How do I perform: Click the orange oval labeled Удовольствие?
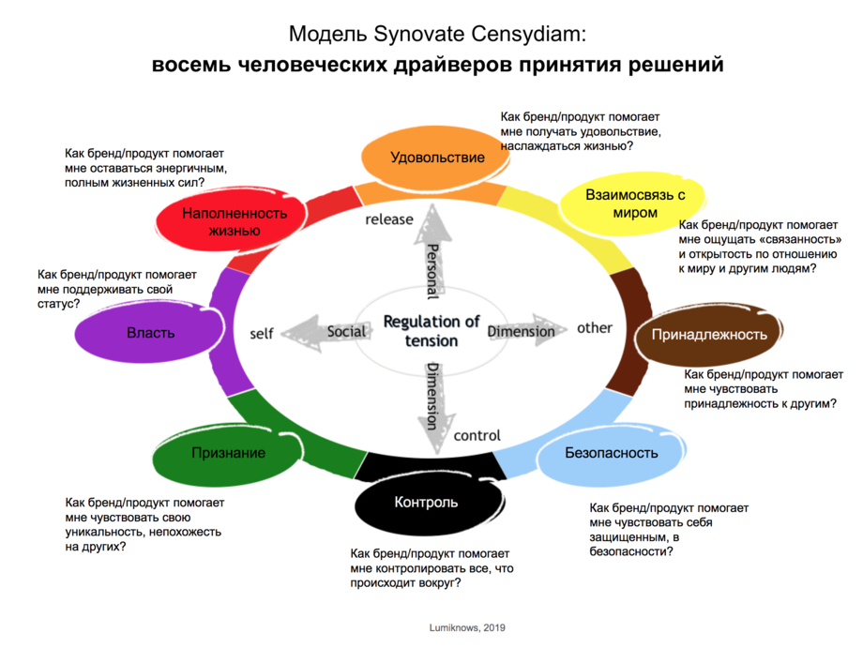click(x=437, y=158)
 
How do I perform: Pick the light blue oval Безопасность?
click(x=612, y=453)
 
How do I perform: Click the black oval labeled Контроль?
click(x=426, y=503)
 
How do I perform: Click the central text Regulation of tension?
click(x=431, y=331)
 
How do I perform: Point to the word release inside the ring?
click(x=388, y=219)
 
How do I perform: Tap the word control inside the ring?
click(x=477, y=435)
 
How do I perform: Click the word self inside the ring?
click(x=262, y=333)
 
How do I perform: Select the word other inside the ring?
click(x=595, y=328)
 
